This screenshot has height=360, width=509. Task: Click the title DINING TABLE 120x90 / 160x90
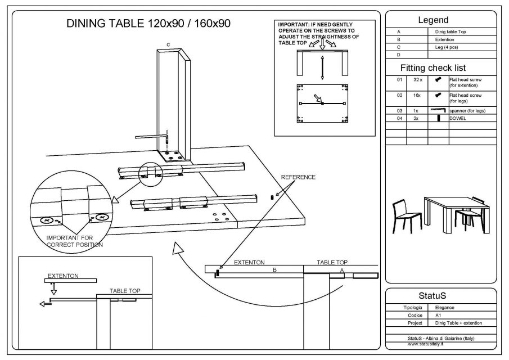[148, 24]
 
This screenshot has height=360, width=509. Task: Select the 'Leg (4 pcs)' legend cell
[451, 47]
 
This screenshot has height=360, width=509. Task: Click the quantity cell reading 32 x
[417, 80]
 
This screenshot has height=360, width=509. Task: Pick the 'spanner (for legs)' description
[467, 111]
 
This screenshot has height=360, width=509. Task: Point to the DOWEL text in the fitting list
[457, 118]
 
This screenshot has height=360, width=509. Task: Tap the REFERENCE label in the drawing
[298, 177]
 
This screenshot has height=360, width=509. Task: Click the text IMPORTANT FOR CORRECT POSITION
[75, 241]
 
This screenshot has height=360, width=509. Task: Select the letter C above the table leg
[168, 44]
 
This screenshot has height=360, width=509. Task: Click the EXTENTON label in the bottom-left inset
[63, 276]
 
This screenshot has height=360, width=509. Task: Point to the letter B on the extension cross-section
[274, 271]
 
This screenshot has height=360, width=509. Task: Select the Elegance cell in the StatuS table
[445, 308]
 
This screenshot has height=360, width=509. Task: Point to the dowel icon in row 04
[438, 118]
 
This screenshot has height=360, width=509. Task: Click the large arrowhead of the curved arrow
[179, 249]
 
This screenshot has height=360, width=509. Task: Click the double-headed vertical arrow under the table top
[322, 68]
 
